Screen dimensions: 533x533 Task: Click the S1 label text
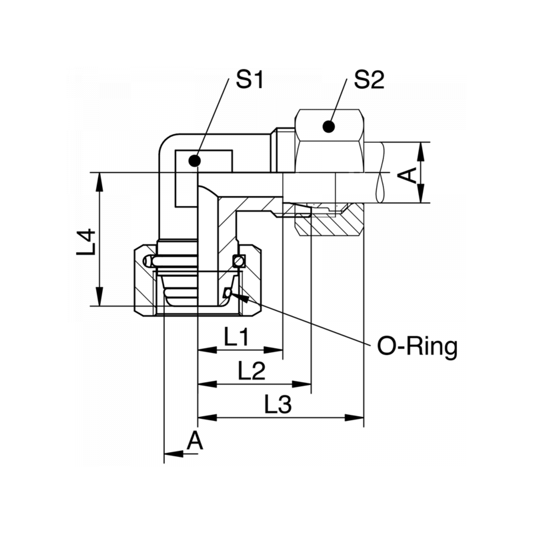click(x=251, y=81)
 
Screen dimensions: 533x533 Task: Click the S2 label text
click(x=369, y=81)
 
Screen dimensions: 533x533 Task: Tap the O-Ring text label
click(x=418, y=346)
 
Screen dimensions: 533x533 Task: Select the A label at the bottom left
click(x=194, y=440)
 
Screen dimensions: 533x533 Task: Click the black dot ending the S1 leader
click(x=195, y=160)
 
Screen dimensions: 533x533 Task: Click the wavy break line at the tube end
click(x=380, y=173)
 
